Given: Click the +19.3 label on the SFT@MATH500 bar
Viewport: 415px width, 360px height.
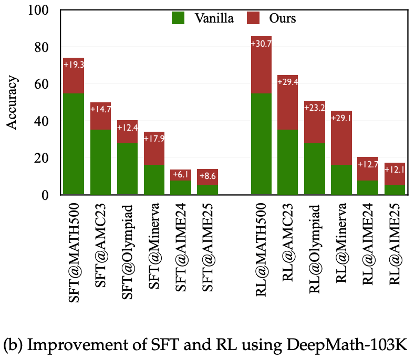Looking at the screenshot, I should click(74, 65).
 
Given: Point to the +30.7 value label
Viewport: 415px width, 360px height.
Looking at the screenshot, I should click(261, 44).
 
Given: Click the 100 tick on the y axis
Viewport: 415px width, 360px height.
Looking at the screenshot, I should click(43, 11).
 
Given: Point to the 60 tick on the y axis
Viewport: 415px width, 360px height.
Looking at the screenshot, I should click(46, 85).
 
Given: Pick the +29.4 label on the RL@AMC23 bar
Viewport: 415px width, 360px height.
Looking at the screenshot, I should click(288, 82).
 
